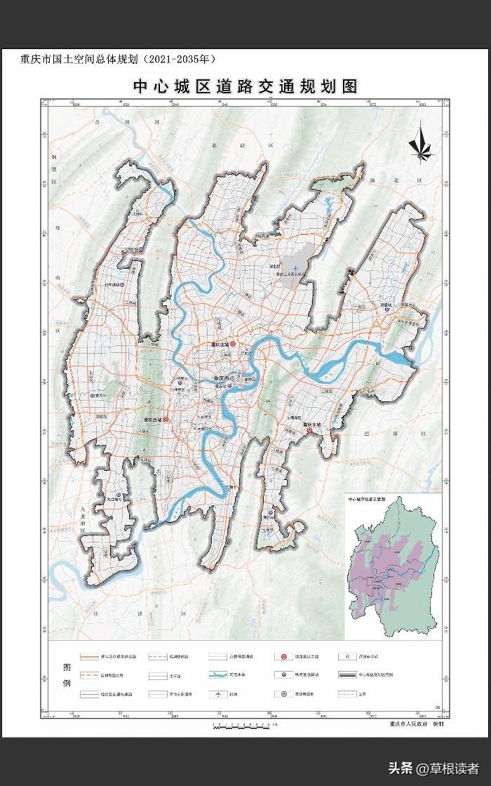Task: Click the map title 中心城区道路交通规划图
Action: click(x=246, y=86)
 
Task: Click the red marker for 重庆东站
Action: click(x=308, y=431)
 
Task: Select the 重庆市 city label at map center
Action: click(x=224, y=379)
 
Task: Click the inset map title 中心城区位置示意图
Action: click(x=371, y=500)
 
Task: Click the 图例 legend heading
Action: click(x=67, y=675)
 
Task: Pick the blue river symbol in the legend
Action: click(x=219, y=675)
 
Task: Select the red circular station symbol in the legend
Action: click(x=283, y=656)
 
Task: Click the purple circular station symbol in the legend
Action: click(x=283, y=675)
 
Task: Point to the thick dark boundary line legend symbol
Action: click(x=346, y=675)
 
